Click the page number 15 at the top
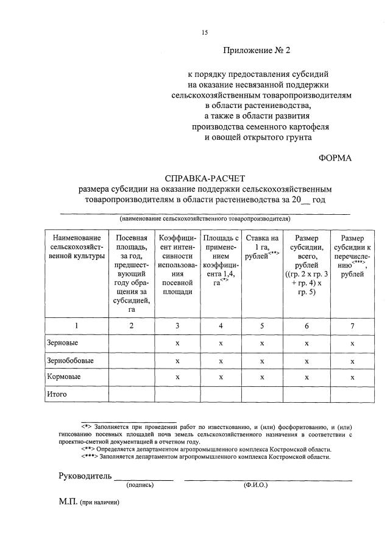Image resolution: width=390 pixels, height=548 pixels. [x=205, y=32]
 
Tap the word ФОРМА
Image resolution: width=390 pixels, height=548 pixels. [x=335, y=157]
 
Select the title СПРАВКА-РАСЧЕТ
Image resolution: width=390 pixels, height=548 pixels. [x=204, y=178]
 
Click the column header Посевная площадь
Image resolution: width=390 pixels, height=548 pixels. [x=132, y=273]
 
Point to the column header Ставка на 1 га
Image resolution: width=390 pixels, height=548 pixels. [x=262, y=247]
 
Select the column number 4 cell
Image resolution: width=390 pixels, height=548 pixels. [x=221, y=326]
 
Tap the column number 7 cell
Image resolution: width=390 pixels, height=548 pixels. [x=352, y=326]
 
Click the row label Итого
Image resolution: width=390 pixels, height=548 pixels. [x=57, y=394]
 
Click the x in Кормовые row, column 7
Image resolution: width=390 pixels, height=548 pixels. [x=352, y=378]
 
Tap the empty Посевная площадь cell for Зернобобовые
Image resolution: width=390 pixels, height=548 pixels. [x=132, y=361]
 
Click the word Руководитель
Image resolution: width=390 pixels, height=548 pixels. [x=85, y=475]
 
